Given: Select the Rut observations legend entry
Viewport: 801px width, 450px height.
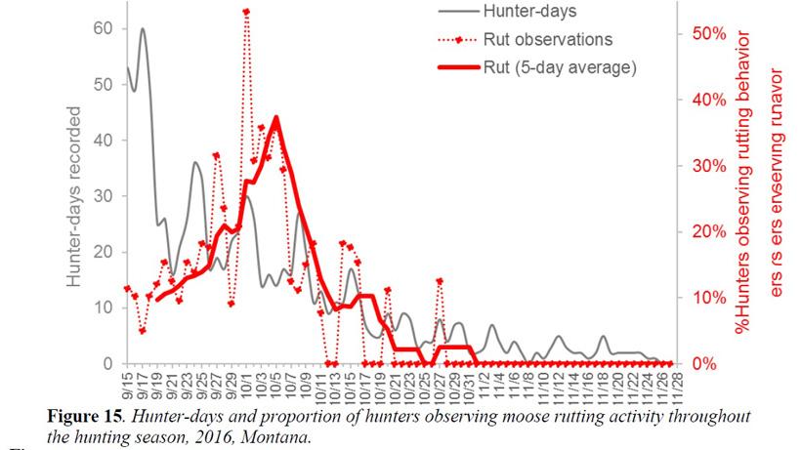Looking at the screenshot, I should (x=547, y=40).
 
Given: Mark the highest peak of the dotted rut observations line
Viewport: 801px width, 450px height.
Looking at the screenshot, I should (x=246, y=12).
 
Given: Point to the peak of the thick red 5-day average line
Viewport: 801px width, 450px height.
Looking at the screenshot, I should (x=276, y=117).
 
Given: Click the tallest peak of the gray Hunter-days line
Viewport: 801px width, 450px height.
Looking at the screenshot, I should (x=143, y=29).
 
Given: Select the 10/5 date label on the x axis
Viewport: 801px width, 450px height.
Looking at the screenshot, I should (x=275, y=381).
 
